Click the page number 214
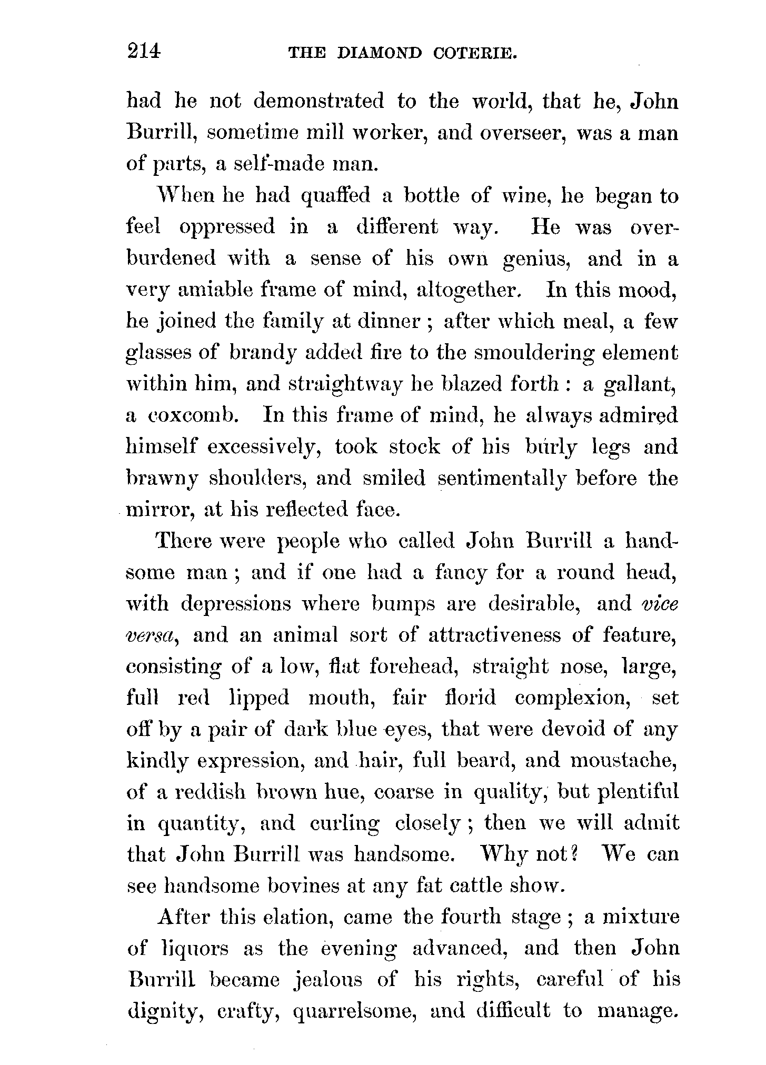coord(143,51)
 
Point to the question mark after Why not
coord(575,854)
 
